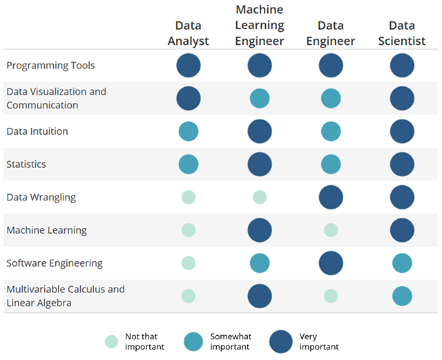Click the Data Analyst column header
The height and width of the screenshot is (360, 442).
(188, 33)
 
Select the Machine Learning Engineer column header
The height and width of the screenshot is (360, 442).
(260, 26)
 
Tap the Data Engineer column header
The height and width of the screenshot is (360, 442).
(331, 33)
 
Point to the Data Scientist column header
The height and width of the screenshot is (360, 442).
(402, 33)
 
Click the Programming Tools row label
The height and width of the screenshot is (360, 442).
(50, 66)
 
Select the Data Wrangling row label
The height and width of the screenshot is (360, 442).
(41, 198)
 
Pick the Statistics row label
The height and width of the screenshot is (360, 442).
(27, 164)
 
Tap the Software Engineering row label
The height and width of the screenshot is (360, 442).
(55, 263)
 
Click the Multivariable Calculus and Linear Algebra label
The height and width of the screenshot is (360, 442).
(66, 296)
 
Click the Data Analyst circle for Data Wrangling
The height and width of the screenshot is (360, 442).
(189, 198)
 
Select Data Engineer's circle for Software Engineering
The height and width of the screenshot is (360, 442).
(331, 263)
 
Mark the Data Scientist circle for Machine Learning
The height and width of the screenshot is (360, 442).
(402, 230)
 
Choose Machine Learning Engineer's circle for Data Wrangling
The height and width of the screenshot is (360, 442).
(260, 198)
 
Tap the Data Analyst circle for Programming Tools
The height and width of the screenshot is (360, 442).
(189, 66)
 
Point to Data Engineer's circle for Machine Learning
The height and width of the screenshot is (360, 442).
(331, 230)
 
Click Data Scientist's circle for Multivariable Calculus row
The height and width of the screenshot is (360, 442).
(402, 296)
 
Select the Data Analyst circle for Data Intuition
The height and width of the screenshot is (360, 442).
(189, 131)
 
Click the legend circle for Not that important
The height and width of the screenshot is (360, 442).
(111, 341)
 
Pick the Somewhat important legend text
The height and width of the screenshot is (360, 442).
(231, 341)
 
